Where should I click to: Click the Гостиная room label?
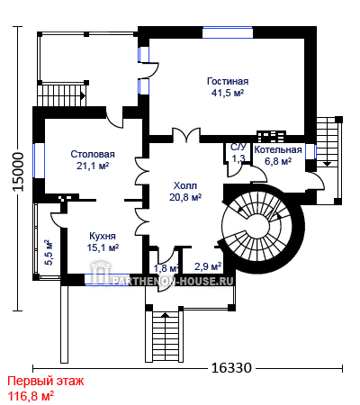pyautogui.click(x=228, y=81)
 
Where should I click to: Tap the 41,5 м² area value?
pyautogui.click(x=228, y=93)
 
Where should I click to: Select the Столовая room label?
pyautogui.click(x=93, y=154)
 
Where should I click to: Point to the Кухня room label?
pyautogui.click(x=103, y=236)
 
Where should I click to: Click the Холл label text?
pyautogui.click(x=185, y=185)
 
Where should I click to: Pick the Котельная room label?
pyautogui.click(x=278, y=149)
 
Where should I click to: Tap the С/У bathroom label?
pyautogui.click(x=238, y=147)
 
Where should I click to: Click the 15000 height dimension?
pyautogui.click(x=18, y=172)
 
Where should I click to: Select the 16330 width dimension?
pyautogui.click(x=231, y=367)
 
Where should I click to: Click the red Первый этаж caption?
pyautogui.click(x=46, y=381)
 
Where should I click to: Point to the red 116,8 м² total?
pyautogui.click(x=31, y=396)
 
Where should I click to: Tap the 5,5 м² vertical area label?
pyautogui.click(x=49, y=252)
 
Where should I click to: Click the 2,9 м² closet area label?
pyautogui.click(x=208, y=265)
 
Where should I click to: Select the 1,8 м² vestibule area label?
pyautogui.click(x=166, y=268)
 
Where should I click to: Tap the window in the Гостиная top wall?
pyautogui.click(x=228, y=32)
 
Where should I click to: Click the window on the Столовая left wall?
pyautogui.click(x=39, y=160)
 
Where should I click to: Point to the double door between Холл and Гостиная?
pyautogui.click(x=186, y=135)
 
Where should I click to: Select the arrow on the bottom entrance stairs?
pyautogui.click(x=165, y=315)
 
